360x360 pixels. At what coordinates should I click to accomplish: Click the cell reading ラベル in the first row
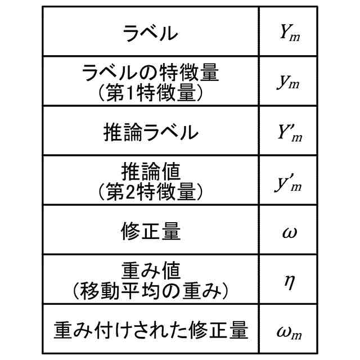150,33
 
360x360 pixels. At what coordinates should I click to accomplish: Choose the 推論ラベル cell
151,132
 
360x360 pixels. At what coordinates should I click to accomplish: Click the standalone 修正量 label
150,231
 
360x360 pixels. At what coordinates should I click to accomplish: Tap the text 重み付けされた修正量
150,330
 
